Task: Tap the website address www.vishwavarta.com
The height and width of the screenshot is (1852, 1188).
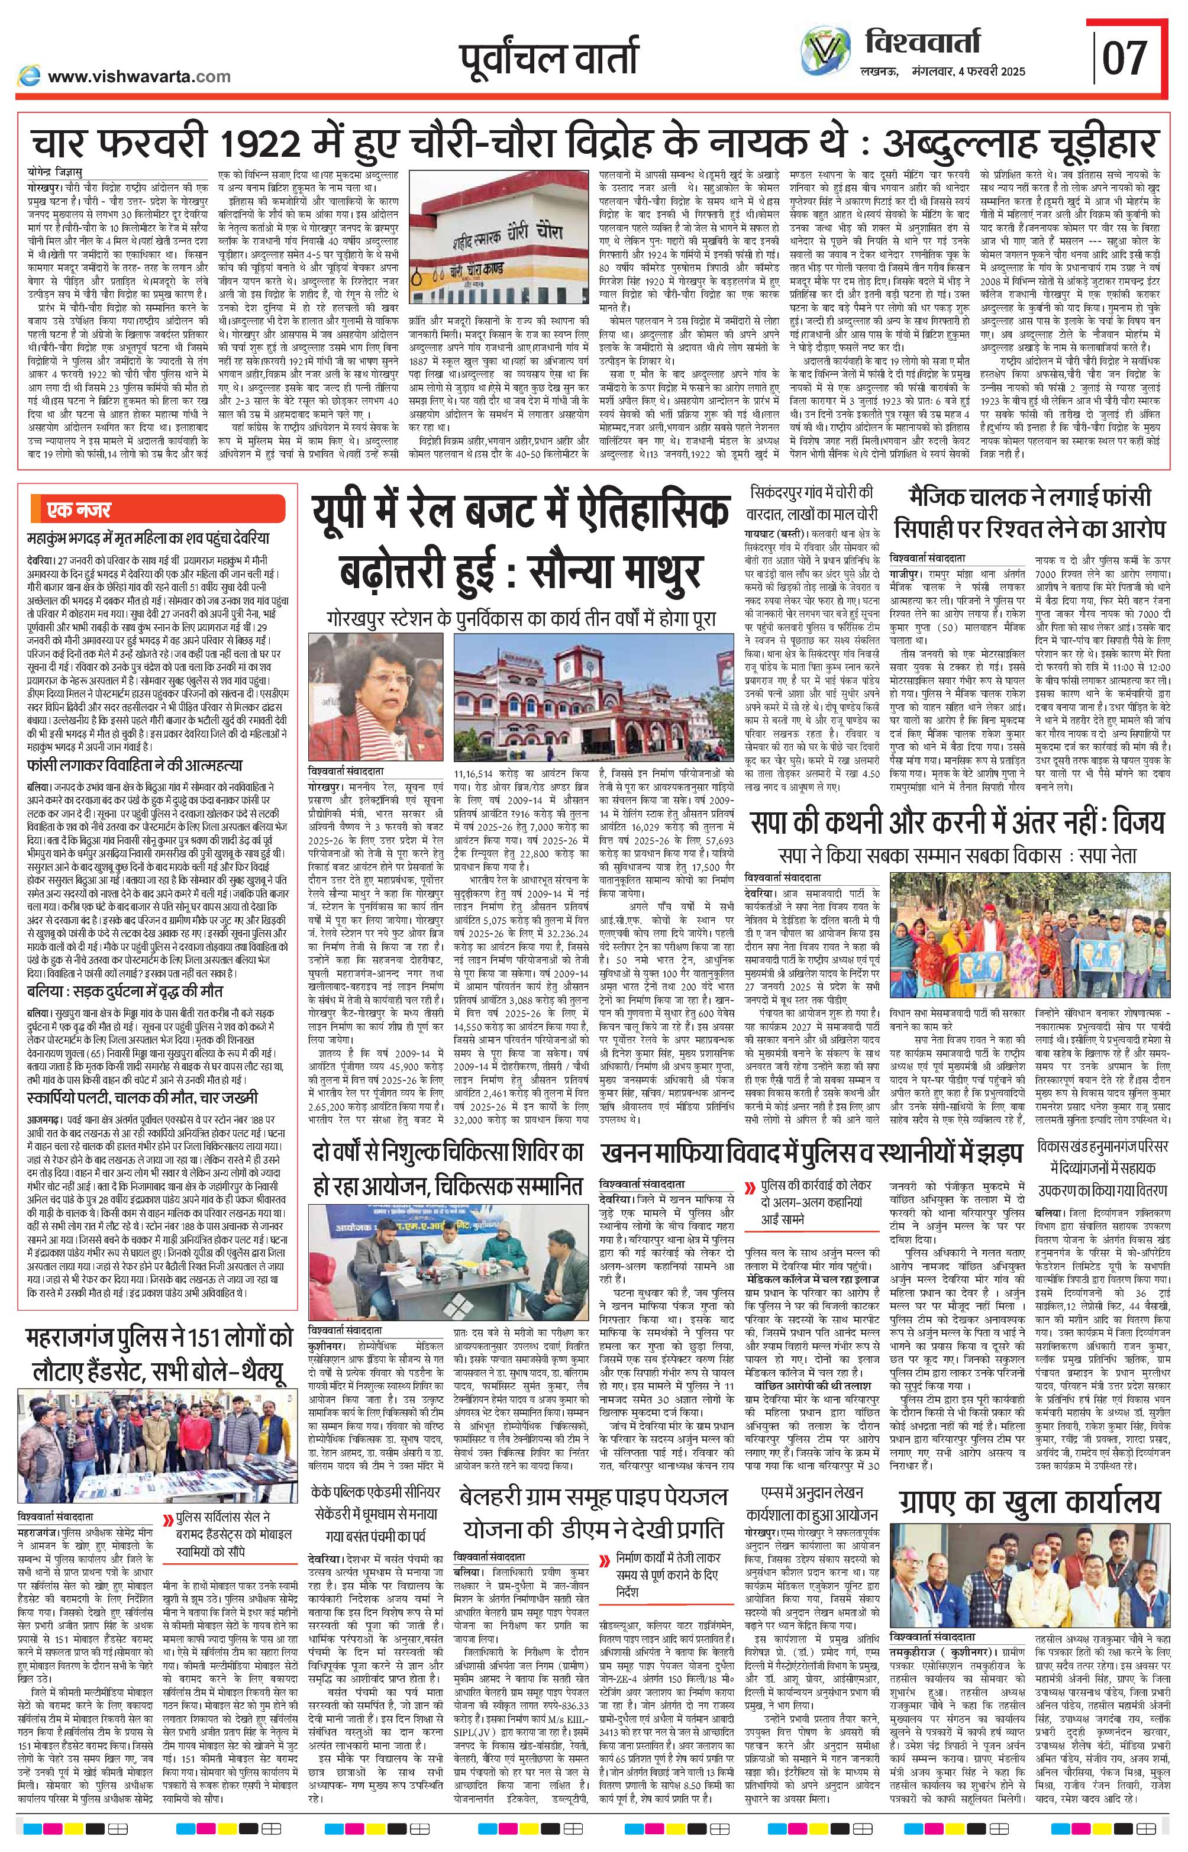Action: (139, 76)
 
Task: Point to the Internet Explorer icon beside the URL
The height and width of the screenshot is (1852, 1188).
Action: (30, 76)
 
